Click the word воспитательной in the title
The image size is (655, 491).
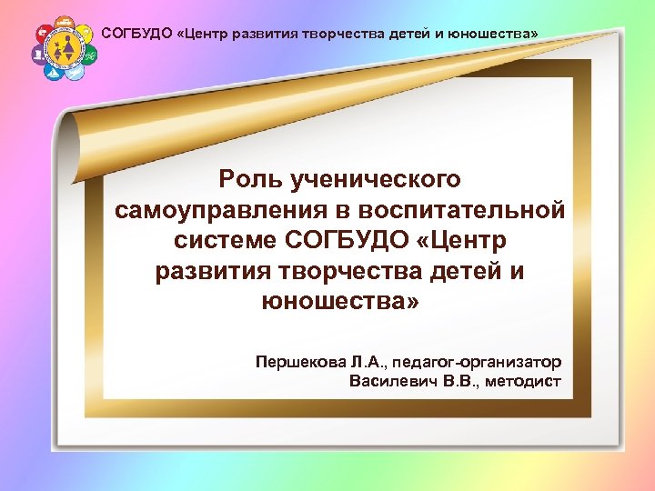click(463, 211)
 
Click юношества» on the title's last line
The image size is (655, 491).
click(340, 301)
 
